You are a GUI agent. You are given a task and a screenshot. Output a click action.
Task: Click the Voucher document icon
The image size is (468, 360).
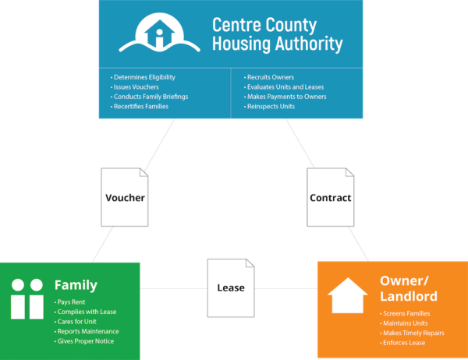(x=125, y=197)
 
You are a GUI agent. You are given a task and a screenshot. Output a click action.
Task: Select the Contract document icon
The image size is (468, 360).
(x=330, y=197)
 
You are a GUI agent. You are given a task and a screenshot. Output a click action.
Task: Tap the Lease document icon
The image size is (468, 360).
(x=230, y=287)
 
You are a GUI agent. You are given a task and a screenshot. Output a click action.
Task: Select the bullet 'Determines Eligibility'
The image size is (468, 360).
(x=145, y=77)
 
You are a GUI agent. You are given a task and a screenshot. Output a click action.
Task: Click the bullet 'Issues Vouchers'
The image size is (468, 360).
(x=136, y=87)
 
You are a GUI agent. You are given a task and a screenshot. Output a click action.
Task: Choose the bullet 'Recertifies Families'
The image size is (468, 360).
(x=142, y=106)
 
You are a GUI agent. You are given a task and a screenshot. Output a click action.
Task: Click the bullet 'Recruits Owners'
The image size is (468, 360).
(x=271, y=77)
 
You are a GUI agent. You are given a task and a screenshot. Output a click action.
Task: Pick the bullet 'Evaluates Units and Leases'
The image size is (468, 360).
(x=285, y=87)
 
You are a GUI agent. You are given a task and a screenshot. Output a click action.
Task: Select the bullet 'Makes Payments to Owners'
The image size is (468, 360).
(x=286, y=97)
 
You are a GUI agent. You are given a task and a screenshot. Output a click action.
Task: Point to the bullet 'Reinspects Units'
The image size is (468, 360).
(x=271, y=106)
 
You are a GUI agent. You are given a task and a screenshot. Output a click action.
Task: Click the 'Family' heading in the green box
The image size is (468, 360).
(x=76, y=285)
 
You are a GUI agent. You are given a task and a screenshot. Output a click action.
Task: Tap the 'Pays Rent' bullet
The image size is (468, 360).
(x=72, y=302)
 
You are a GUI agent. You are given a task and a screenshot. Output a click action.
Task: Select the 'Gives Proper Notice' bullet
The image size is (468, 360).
(x=87, y=341)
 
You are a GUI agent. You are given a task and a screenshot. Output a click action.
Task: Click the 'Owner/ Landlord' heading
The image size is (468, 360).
(x=408, y=288)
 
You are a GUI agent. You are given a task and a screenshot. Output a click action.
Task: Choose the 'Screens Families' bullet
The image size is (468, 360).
(x=406, y=313)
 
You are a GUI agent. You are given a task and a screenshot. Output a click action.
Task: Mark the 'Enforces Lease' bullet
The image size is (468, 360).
(x=403, y=343)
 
